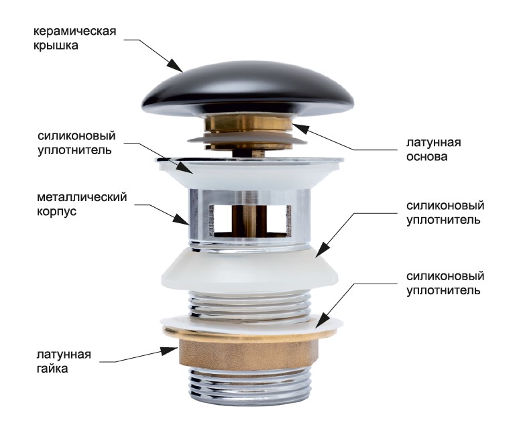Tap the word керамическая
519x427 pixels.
coord(75,32)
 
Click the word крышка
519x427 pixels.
coord(56,46)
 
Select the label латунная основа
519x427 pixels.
coord(434,149)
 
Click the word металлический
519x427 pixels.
coord(82,197)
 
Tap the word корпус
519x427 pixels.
coord(56,212)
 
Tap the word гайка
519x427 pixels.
coord(52,369)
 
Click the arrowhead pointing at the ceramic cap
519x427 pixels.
coord(175,65)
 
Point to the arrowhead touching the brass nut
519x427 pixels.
coord(170,351)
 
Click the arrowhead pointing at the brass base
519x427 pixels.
coord(300,129)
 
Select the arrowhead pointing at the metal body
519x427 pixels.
coord(181,219)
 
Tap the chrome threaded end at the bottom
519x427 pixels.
coord(248,387)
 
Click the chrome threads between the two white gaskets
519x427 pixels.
coord(249,304)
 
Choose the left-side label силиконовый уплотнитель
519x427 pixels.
coord(76,143)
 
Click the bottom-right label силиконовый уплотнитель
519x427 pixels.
coord(445,284)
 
